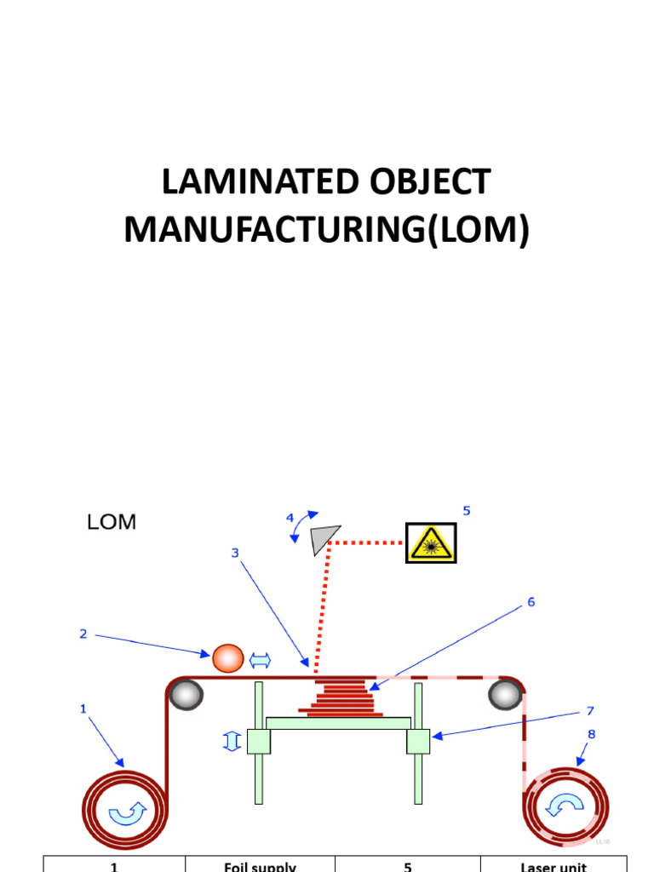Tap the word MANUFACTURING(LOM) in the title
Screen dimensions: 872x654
point(326,230)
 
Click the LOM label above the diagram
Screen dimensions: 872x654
point(112,522)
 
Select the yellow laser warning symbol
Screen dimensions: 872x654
point(431,542)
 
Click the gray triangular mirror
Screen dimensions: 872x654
point(324,538)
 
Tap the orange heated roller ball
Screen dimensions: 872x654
point(227,657)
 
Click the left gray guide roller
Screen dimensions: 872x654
point(186,695)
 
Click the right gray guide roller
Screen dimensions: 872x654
point(505,695)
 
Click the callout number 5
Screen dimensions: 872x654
point(466,511)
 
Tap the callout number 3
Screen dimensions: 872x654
point(235,553)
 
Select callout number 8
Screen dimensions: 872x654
point(591,733)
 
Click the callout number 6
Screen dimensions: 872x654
point(531,602)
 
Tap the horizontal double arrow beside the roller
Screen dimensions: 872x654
point(259,659)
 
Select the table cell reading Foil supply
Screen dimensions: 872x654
point(260,866)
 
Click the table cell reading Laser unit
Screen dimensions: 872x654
point(554,866)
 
